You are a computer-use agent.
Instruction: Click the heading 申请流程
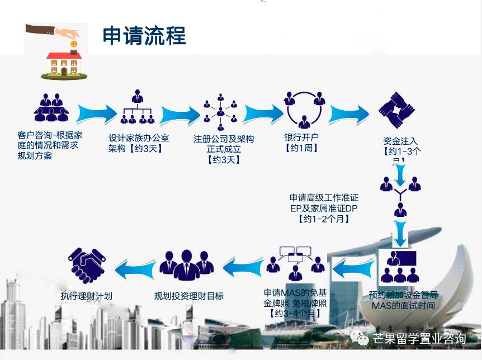(x=144, y=35)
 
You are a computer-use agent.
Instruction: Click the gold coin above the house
(x=73, y=44)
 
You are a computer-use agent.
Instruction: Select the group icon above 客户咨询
(x=51, y=107)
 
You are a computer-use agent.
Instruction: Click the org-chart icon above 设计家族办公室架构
(x=138, y=107)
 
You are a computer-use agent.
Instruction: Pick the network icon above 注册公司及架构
(x=221, y=110)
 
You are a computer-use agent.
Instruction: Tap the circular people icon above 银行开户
(x=304, y=108)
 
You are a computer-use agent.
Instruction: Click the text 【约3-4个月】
(x=295, y=314)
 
